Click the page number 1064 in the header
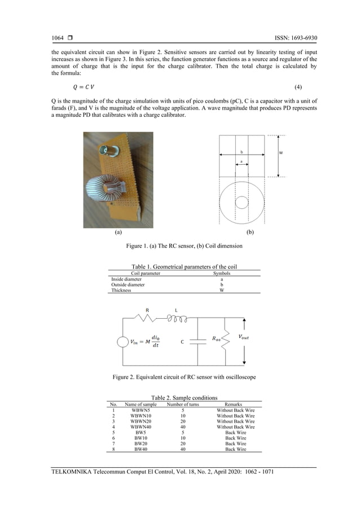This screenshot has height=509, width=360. click(x=58, y=38)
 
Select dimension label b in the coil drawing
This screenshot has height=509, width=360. click(x=242, y=152)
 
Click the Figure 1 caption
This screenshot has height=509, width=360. click(x=179, y=246)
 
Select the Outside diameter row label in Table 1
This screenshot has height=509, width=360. click(x=128, y=285)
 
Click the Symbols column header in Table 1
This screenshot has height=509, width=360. click(x=221, y=274)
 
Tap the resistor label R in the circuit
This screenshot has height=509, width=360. click(x=147, y=310)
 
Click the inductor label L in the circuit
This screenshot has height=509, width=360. click(x=176, y=310)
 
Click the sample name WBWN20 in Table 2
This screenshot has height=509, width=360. click(x=141, y=421)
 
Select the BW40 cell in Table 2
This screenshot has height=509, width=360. click(x=141, y=449)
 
